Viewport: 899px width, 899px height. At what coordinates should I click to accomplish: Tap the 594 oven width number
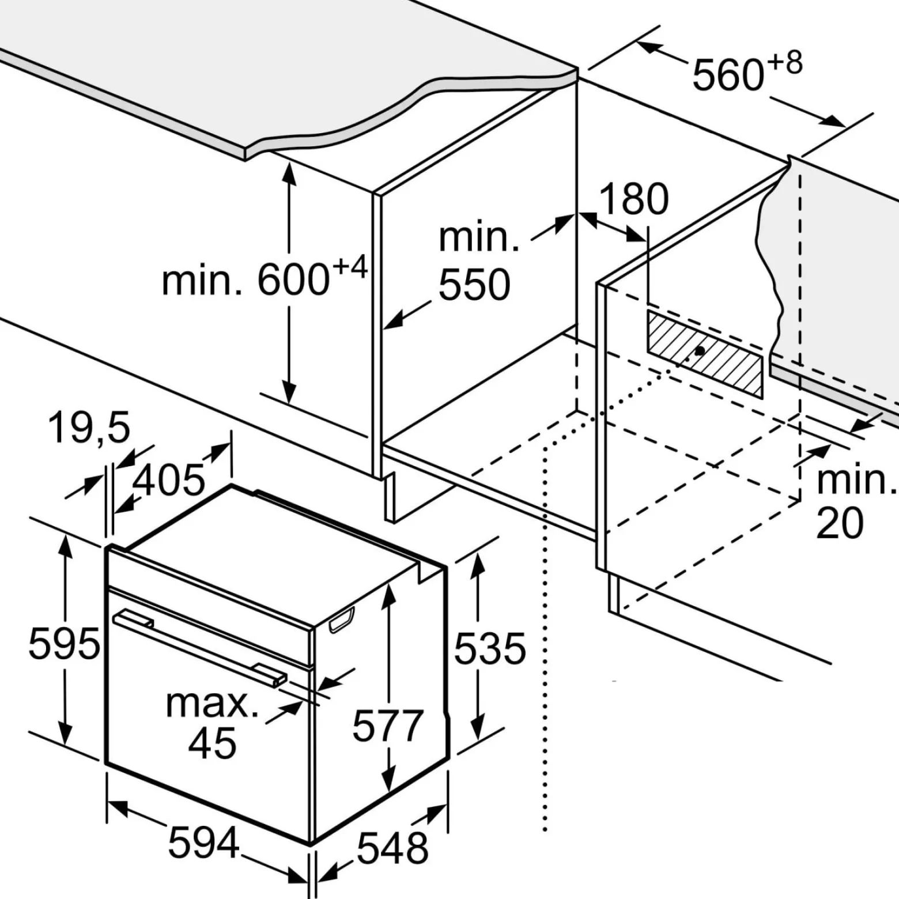pos(203,843)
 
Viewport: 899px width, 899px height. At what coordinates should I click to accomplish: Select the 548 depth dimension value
pos(392,848)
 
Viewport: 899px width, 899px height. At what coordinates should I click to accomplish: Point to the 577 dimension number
pos(388,726)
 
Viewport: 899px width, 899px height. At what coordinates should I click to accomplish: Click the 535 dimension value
pos(490,648)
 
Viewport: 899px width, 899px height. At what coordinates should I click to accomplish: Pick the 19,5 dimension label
pos(89,427)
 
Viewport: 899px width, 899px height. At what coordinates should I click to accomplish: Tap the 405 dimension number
pos(168,479)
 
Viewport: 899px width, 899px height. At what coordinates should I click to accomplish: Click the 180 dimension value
pos(634,199)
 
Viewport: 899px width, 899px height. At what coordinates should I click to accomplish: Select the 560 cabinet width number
pos(728,75)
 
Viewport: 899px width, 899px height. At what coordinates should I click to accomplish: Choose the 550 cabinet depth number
pos(474,285)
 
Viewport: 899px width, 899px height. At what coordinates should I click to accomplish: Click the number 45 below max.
pos(212,743)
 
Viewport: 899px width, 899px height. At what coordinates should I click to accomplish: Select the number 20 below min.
pos(840,523)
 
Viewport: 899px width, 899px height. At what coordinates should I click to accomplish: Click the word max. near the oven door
pos(212,704)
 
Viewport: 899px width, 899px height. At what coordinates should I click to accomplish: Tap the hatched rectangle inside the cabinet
pos(705,354)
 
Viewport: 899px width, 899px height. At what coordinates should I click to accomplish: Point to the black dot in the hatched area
pos(700,350)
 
